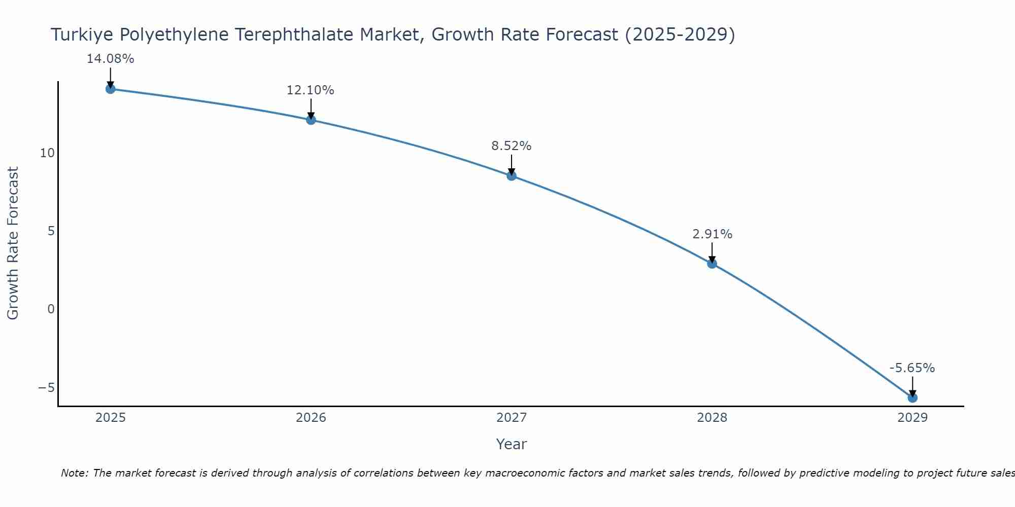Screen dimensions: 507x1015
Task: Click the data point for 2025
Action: (110, 89)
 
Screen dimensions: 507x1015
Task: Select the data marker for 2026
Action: (311, 120)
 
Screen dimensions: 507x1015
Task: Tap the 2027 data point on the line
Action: (511, 175)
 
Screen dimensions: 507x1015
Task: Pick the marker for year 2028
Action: (712, 263)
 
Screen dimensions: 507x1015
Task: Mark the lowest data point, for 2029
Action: (912, 397)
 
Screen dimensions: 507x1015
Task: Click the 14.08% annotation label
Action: (110, 59)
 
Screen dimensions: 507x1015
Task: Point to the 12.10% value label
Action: (310, 90)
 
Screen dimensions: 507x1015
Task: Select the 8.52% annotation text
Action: (511, 146)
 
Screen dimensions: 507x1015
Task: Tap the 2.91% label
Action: (712, 234)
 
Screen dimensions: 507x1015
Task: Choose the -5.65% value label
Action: (912, 368)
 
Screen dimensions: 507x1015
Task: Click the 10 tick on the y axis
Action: (47, 153)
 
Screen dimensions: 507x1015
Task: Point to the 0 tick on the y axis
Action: (51, 309)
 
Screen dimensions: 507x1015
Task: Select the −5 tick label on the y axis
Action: (47, 387)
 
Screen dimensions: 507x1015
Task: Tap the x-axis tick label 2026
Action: (311, 418)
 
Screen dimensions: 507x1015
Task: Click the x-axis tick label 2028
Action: (712, 418)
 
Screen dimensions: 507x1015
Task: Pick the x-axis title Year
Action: (511, 444)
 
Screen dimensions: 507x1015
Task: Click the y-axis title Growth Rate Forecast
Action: (13, 243)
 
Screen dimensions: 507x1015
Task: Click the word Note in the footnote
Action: (75, 473)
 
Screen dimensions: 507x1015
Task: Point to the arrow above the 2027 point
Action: (511, 164)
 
